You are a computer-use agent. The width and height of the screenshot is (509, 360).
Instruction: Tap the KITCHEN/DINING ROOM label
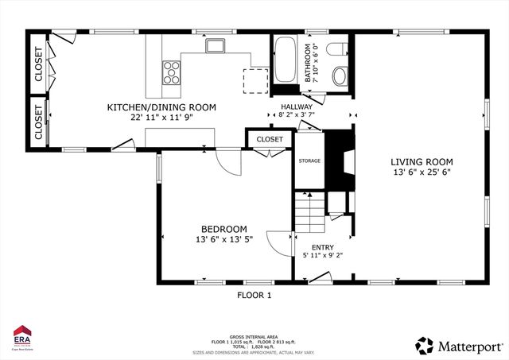pyautogui.click(x=161, y=107)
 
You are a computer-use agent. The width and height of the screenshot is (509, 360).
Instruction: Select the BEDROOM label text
pyautogui.click(x=223, y=228)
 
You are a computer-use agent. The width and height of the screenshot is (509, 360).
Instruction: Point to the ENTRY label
pyautogui.click(x=323, y=246)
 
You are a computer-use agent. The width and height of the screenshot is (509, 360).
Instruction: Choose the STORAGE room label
pyautogui.click(x=309, y=161)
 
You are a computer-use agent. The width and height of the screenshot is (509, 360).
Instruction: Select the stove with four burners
pyautogui.click(x=172, y=72)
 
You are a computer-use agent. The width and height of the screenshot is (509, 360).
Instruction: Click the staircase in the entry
pyautogui.click(x=311, y=213)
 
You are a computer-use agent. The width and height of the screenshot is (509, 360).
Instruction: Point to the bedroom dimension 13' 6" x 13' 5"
pyautogui.click(x=223, y=239)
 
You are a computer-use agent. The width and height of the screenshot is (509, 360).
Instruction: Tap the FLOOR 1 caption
pyautogui.click(x=254, y=295)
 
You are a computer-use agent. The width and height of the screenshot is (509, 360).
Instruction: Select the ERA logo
pyautogui.click(x=21, y=337)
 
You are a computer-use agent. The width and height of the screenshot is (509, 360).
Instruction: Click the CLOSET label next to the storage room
pyautogui.click(x=270, y=140)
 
